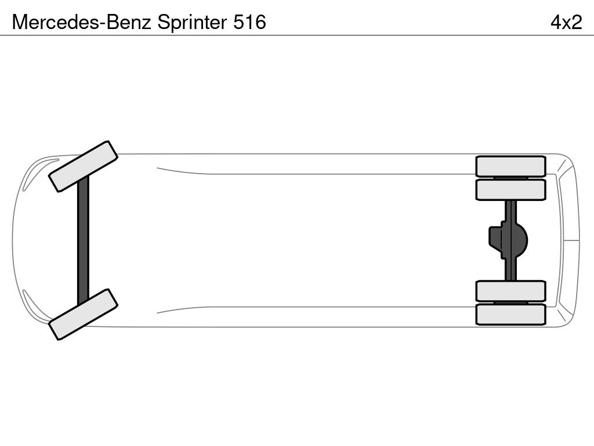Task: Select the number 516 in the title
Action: (x=249, y=22)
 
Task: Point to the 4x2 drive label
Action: (x=566, y=22)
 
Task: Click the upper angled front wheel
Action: (x=83, y=166)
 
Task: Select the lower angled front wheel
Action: (x=83, y=314)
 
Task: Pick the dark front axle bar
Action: (x=83, y=240)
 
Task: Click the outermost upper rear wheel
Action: (x=510, y=166)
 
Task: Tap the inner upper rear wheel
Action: (x=510, y=189)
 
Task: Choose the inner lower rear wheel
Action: (x=510, y=291)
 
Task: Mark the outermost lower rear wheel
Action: (x=510, y=314)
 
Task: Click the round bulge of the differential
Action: (x=521, y=240)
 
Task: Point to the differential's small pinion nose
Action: (x=494, y=240)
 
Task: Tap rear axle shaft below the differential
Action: (x=510, y=271)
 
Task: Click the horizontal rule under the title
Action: (x=297, y=35)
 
